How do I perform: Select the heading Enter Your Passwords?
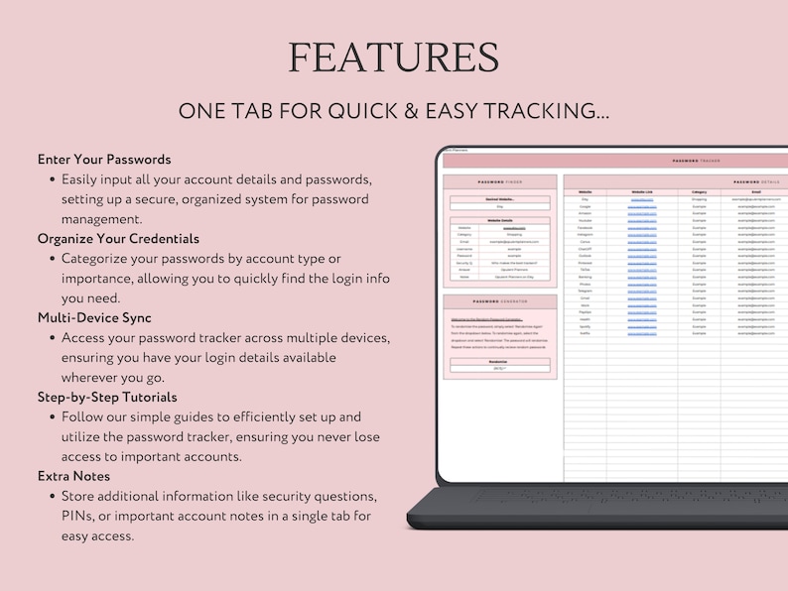104,159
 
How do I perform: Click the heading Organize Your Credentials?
118,238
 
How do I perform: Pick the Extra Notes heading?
73,476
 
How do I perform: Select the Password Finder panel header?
499,182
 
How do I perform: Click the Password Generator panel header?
499,301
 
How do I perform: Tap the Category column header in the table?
699,191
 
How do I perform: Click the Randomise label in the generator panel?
499,361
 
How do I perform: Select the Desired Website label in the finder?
499,199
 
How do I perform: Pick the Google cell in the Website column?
586,206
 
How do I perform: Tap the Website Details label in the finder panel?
499,220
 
